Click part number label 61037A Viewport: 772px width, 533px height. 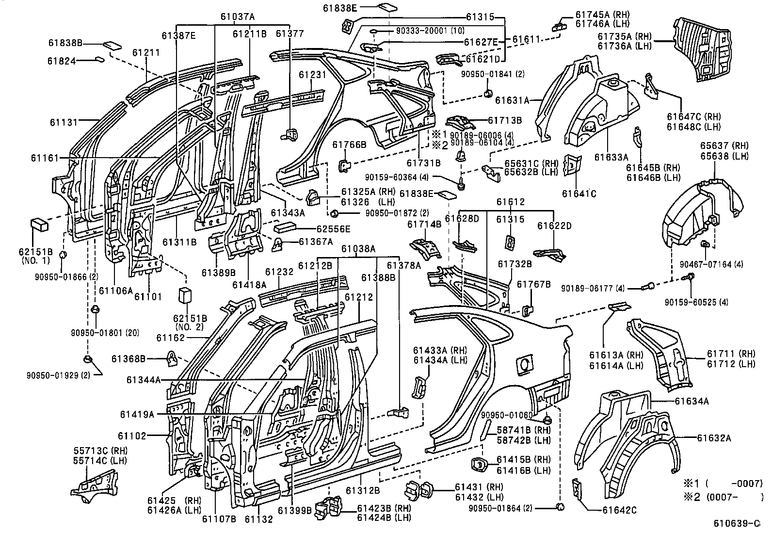point(237,16)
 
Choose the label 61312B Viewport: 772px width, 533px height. point(363,490)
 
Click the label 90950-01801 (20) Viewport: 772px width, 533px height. point(97,333)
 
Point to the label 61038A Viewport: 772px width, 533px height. point(358,249)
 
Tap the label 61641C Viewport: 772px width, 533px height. point(579,194)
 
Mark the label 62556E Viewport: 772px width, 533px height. point(326,228)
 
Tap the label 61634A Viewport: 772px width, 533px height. point(692,401)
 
